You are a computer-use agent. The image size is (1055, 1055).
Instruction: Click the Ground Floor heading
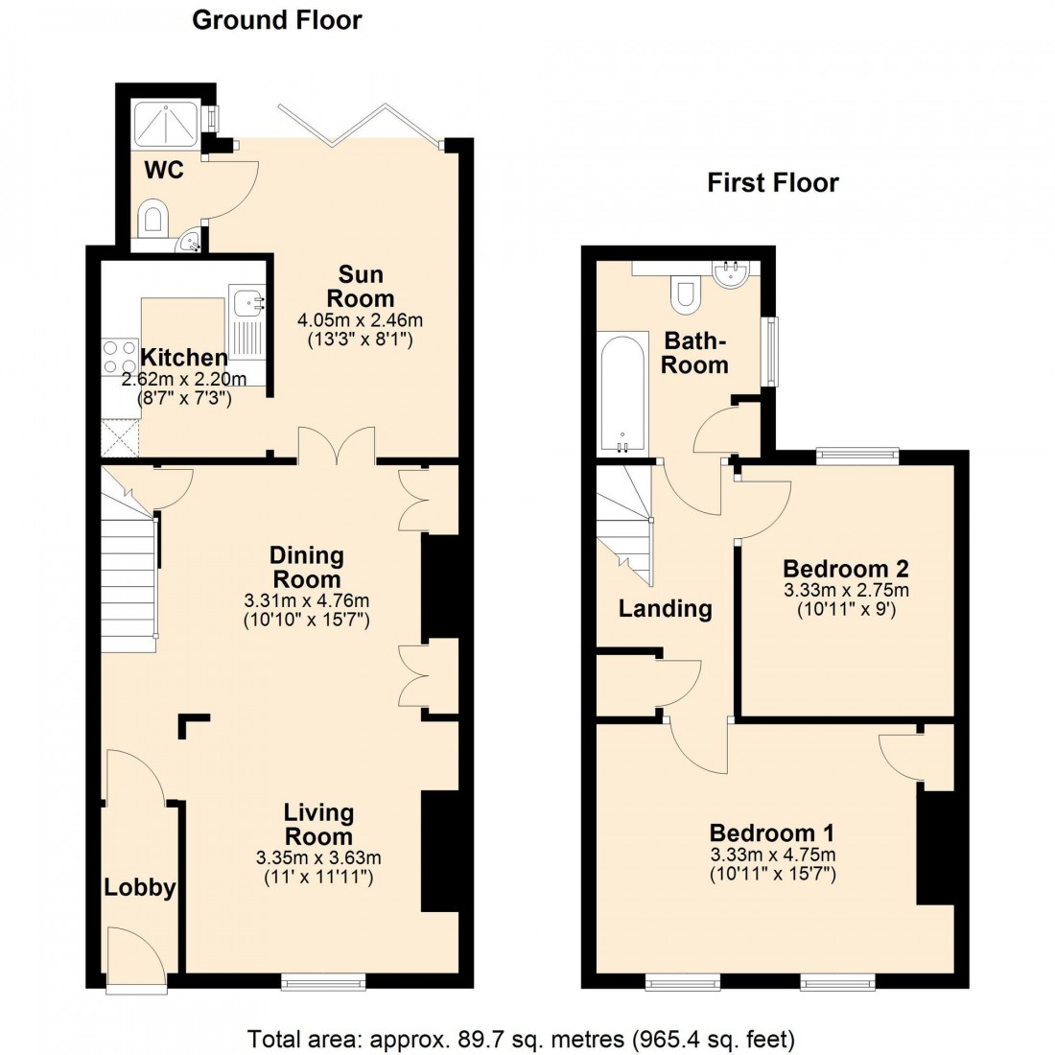click(x=277, y=20)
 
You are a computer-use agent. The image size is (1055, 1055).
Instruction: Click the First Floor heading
click(x=773, y=182)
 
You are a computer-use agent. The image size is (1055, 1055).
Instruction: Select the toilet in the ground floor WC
click(x=152, y=218)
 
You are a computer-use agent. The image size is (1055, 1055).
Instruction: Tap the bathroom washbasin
click(x=735, y=274)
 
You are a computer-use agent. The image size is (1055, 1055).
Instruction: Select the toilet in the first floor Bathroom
click(x=685, y=292)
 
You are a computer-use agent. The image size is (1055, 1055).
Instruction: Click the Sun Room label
click(x=360, y=285)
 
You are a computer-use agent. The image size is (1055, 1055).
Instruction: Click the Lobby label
click(x=140, y=887)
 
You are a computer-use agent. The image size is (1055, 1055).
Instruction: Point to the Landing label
click(x=665, y=608)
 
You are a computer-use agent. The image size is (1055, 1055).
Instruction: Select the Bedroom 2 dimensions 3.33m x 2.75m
click(x=846, y=590)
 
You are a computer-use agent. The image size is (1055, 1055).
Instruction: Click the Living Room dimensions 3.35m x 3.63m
click(x=318, y=856)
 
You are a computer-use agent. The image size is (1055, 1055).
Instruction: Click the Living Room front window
click(x=323, y=980)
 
